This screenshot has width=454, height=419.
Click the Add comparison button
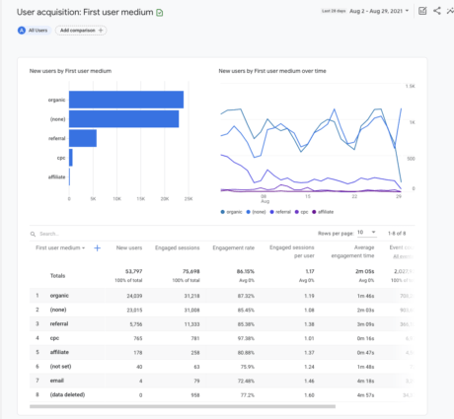click(x=81, y=31)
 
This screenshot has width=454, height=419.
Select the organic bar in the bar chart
click(x=126, y=99)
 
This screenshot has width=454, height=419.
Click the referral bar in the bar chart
click(x=83, y=138)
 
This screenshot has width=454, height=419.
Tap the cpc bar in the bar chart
click(x=71, y=157)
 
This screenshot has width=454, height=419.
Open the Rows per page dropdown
click(x=366, y=233)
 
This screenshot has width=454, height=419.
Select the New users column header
click(x=127, y=248)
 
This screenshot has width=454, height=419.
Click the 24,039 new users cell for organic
click(x=129, y=295)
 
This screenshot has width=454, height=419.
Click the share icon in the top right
click(x=435, y=11)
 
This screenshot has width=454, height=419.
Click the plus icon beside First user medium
click(x=97, y=248)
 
